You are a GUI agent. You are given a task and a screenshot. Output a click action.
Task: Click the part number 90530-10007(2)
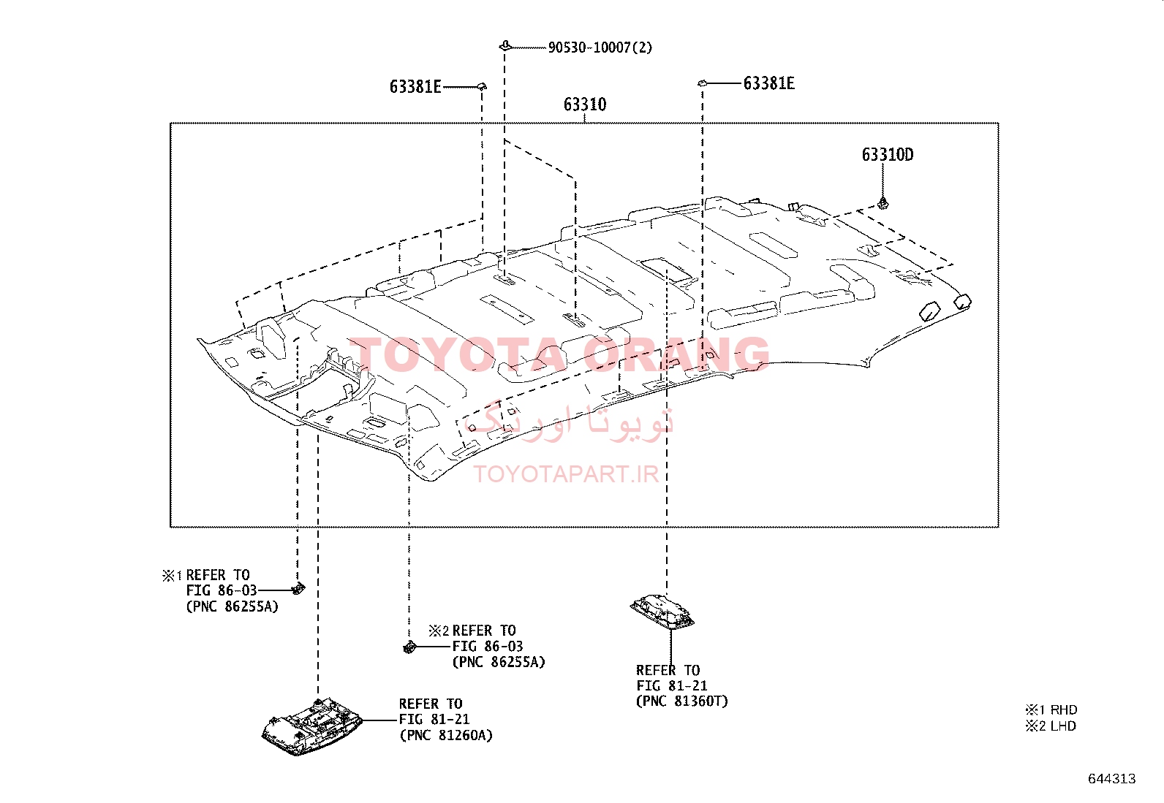pyautogui.click(x=600, y=47)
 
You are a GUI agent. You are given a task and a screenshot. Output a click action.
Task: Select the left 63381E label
pyautogui.click(x=415, y=87)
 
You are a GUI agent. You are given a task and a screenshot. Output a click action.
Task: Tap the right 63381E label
pyautogui.click(x=768, y=83)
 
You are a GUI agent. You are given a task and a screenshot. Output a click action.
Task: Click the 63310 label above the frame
pyautogui.click(x=585, y=104)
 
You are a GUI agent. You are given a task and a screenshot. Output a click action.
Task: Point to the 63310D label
pyautogui.click(x=887, y=155)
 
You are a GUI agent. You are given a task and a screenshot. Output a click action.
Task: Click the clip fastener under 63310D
pyautogui.click(x=883, y=203)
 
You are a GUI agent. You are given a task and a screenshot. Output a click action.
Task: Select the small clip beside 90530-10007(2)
pyautogui.click(x=505, y=46)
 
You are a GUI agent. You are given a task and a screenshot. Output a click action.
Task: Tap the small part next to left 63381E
pyautogui.click(x=482, y=85)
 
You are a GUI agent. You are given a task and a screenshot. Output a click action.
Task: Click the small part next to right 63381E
pyautogui.click(x=702, y=83)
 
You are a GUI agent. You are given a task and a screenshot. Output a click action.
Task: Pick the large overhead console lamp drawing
pyautogui.click(x=311, y=726)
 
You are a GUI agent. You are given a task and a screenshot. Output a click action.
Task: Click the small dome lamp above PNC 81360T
pyautogui.click(x=662, y=612)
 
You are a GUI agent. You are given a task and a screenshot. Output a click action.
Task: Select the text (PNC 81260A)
pyautogui.click(x=446, y=735)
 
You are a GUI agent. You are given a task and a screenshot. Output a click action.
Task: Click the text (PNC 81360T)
pyautogui.click(x=681, y=701)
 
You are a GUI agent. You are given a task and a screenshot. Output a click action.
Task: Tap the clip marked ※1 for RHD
pyautogui.click(x=298, y=588)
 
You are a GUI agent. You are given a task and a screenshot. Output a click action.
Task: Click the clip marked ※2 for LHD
pyautogui.click(x=409, y=647)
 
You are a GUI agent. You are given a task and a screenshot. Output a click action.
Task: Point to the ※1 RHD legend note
pyautogui.click(x=1051, y=709)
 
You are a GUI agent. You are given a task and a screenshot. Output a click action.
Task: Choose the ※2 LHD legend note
pyautogui.click(x=1051, y=726)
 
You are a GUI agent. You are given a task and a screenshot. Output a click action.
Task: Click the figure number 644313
pyautogui.click(x=1112, y=779)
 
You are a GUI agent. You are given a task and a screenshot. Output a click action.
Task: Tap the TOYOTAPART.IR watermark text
pyautogui.click(x=566, y=473)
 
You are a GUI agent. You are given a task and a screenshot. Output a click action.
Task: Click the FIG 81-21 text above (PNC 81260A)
pyautogui.click(x=434, y=720)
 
